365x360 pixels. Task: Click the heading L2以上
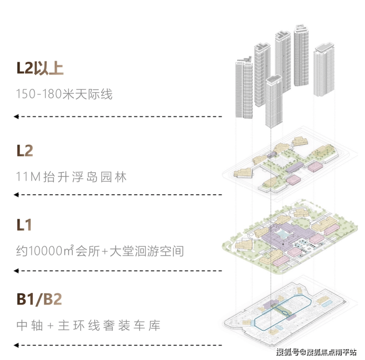[x=40, y=68]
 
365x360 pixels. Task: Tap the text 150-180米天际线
[x=64, y=94]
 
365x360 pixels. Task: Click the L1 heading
[x=24, y=225]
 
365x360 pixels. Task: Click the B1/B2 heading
[x=39, y=300]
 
